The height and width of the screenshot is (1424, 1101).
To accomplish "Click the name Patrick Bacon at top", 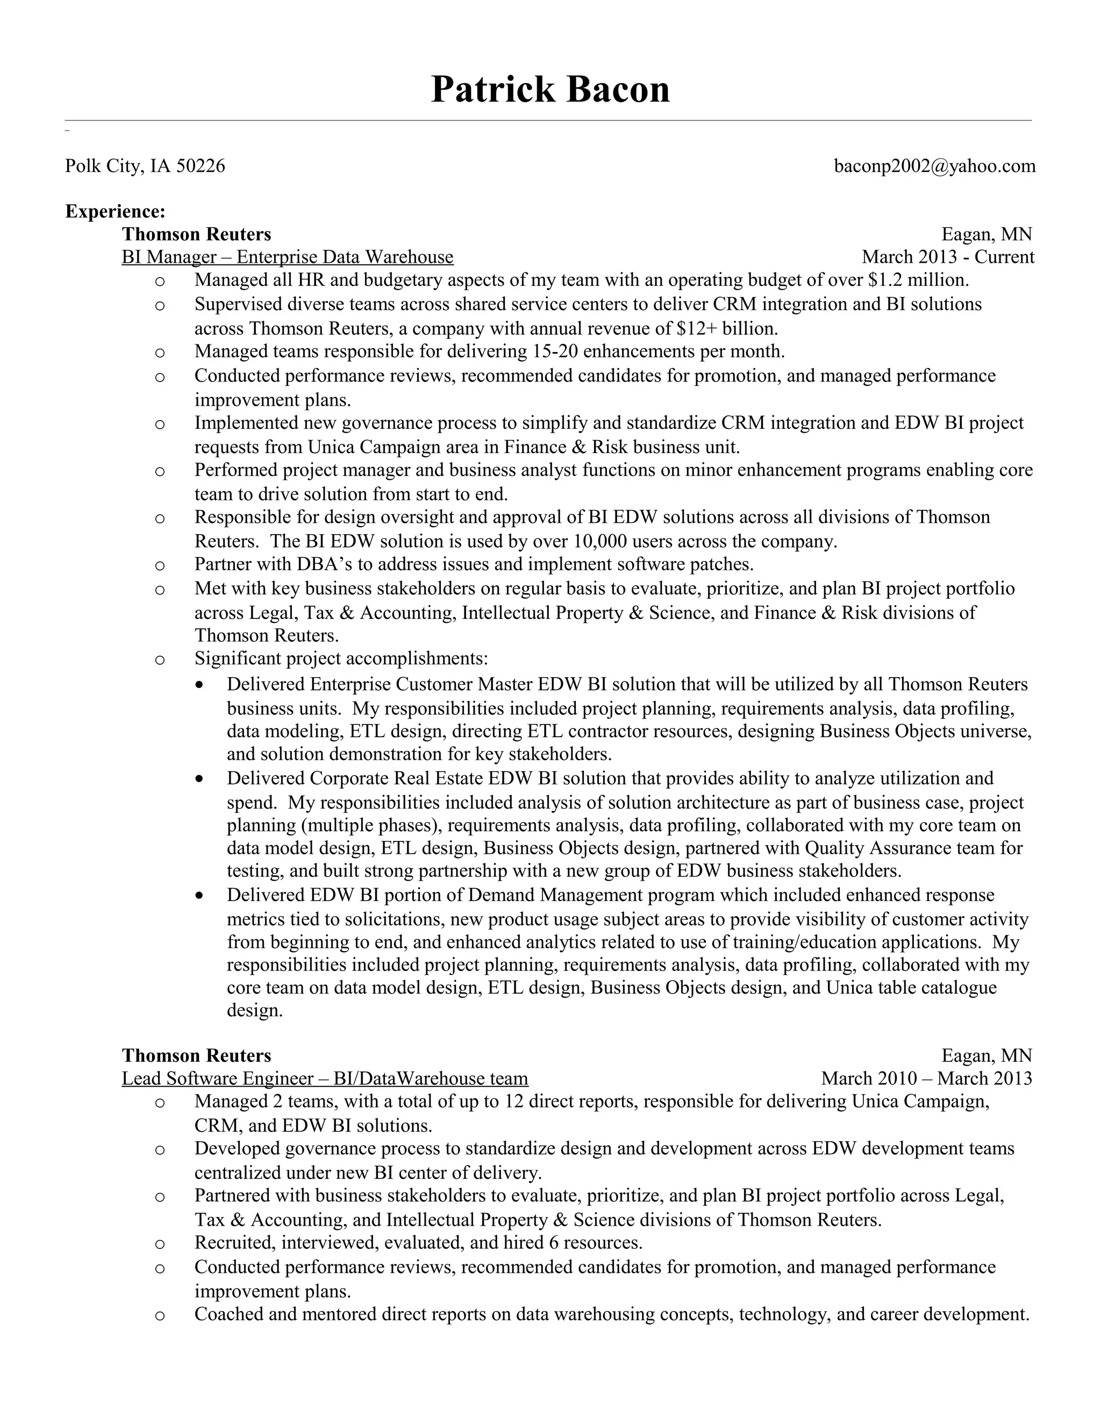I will click(550, 89).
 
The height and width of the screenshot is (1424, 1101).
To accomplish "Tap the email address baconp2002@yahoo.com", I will click(934, 166).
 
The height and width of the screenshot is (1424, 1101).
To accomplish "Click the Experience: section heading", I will click(116, 211).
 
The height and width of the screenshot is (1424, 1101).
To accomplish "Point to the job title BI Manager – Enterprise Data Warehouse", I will click(287, 257).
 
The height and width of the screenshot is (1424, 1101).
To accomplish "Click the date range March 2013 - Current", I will click(947, 257).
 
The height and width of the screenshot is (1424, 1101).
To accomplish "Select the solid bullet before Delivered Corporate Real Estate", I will click(199, 779).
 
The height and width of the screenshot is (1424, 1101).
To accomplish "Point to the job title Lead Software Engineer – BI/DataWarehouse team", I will click(325, 1078).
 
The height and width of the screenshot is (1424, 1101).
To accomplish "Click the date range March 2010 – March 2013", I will click(926, 1078).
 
